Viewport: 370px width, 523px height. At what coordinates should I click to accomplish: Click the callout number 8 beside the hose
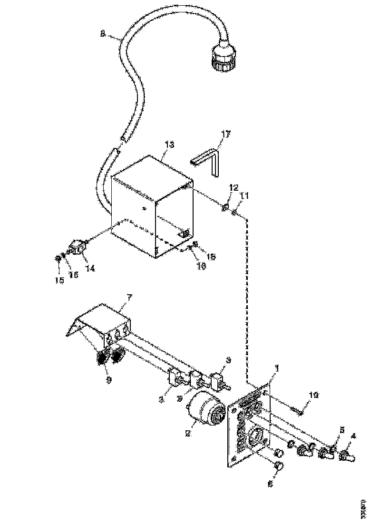[103, 34]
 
